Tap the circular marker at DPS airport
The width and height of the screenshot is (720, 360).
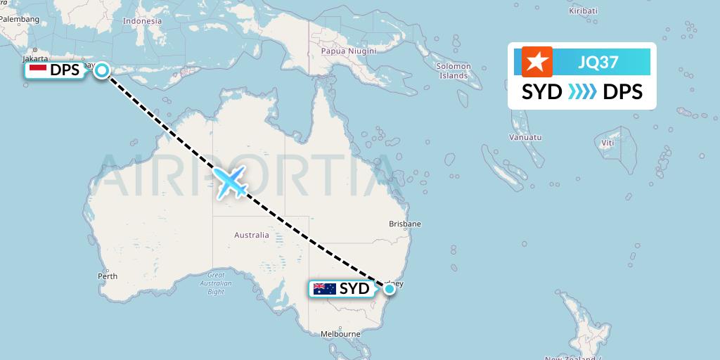coord(103,70)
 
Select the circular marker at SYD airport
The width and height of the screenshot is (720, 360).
coord(389,288)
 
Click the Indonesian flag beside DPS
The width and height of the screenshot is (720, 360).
coord(38,70)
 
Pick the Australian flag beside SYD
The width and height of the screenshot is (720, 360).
coord(324,288)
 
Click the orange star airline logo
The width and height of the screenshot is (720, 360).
coord(537,61)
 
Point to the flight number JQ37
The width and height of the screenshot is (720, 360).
coord(598,62)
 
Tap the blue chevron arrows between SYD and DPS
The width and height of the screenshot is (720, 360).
coord(581,92)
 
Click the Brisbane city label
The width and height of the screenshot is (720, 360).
coord(405,224)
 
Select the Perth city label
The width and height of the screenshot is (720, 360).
coord(108,276)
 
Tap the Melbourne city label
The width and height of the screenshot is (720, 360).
coord(340,334)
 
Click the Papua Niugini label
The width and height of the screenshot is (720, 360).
coord(348,51)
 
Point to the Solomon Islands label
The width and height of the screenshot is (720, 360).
coord(454,71)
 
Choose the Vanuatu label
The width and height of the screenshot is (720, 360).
coord(527,137)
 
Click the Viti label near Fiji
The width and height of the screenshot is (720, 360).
coord(607,143)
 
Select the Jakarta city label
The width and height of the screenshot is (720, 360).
coord(34,58)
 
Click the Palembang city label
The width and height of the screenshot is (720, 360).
coord(20,19)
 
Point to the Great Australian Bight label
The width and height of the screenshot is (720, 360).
coord(215,283)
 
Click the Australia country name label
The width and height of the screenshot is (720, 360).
coord(252,235)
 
